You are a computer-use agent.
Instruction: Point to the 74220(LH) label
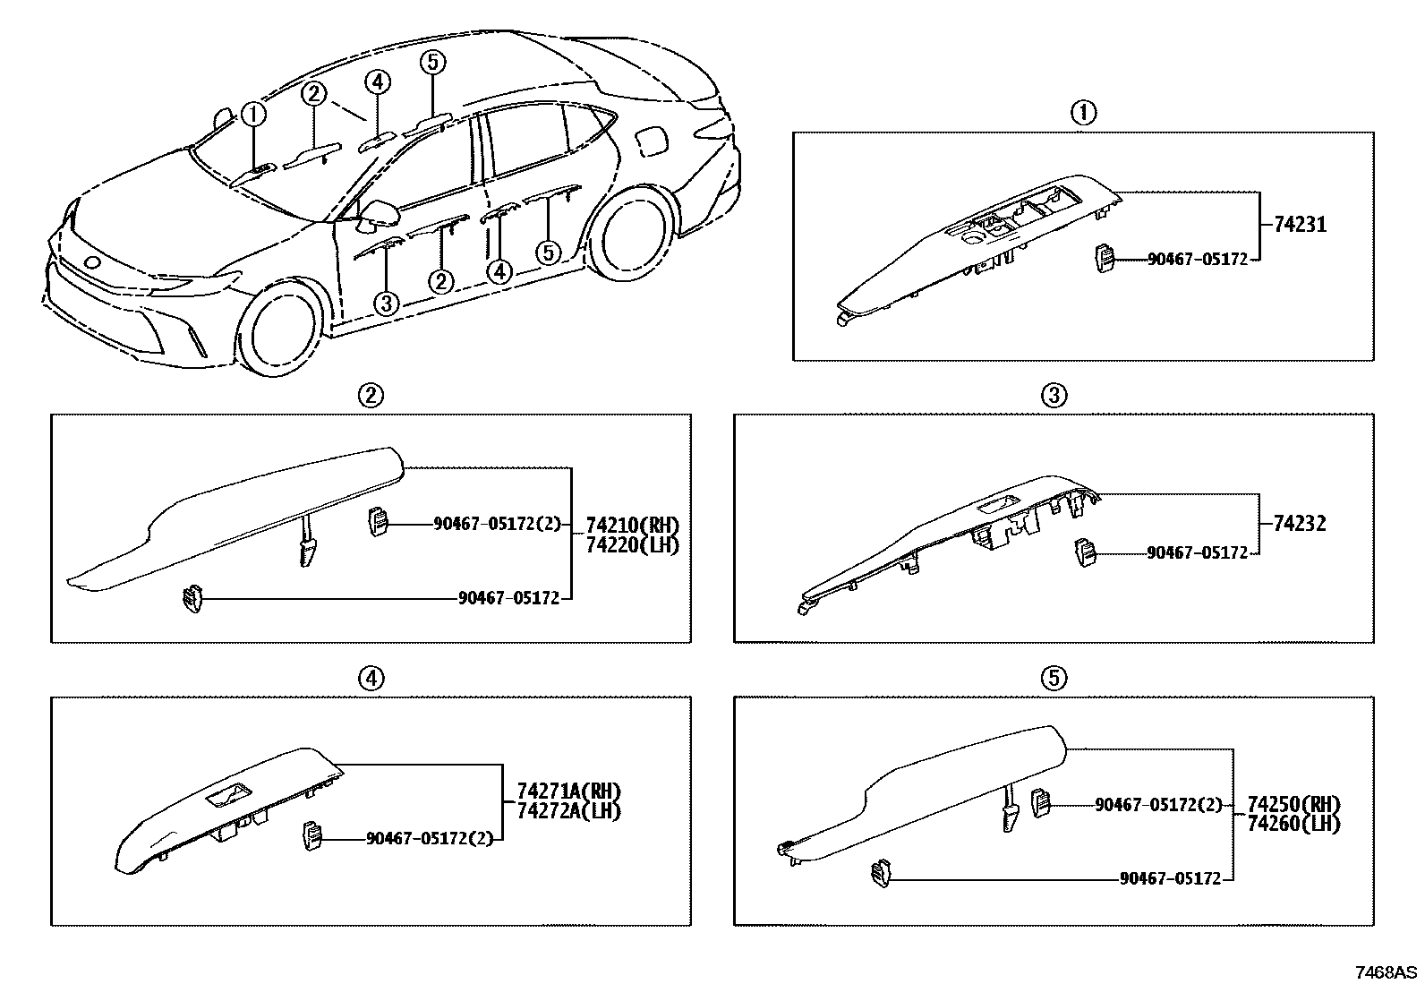[632, 544]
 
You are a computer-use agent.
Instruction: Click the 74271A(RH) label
[568, 791]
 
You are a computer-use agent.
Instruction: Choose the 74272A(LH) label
[568, 810]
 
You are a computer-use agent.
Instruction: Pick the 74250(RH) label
[1293, 804]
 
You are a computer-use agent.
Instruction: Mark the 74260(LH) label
[1293, 824]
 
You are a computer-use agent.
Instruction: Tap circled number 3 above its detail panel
[1054, 395]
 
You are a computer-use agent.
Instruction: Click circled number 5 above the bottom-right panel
[1054, 679]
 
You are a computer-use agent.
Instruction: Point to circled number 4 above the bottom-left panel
[371, 679]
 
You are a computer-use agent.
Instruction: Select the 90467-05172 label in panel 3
[1197, 553]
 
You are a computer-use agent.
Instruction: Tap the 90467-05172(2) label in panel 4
[430, 839]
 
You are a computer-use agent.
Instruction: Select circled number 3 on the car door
[386, 303]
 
